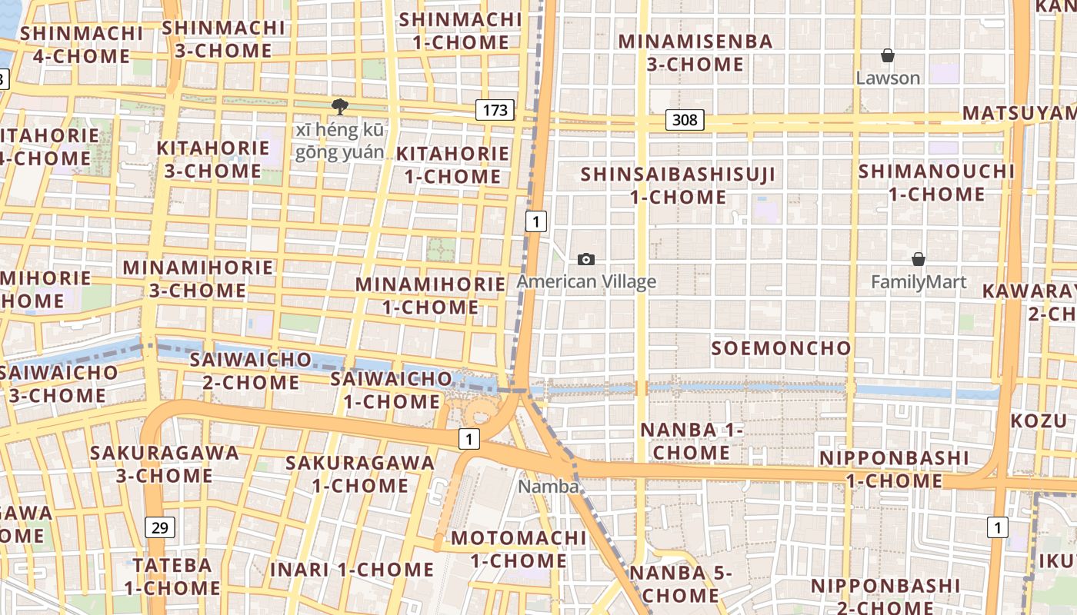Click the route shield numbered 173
point(495,110)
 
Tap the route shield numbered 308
point(684,119)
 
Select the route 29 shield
point(159,527)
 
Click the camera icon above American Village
point(586,260)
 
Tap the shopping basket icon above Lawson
point(888,55)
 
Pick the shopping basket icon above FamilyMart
point(918,259)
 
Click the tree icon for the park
point(338,107)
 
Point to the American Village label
point(586,281)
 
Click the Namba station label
point(548,487)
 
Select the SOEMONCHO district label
point(781,348)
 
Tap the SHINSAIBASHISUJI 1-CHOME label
point(678,185)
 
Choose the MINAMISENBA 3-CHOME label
point(695,52)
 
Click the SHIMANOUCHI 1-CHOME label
point(937,182)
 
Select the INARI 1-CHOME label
point(352,570)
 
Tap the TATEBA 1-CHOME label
point(172,577)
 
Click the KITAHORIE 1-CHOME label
point(452,165)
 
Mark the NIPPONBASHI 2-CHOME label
point(885,597)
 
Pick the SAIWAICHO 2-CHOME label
point(251,371)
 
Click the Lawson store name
point(888,78)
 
